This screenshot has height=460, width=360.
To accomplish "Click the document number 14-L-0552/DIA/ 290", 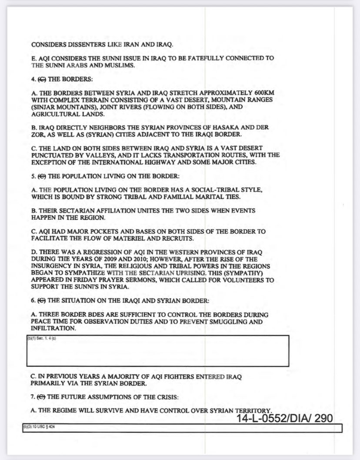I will (x=285, y=418).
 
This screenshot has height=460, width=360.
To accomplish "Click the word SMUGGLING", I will (x=226, y=322).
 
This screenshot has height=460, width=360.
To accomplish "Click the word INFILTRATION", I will (x=53, y=329).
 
